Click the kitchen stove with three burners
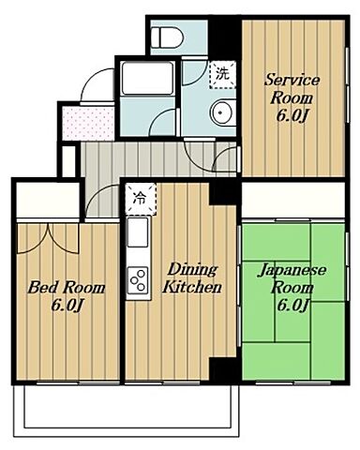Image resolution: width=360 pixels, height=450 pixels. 139,278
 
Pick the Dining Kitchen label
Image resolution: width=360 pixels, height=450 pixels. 194,277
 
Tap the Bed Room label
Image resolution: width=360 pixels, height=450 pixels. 66,288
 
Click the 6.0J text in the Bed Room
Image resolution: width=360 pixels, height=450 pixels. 66,306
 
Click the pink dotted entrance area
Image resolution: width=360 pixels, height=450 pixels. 84,123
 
